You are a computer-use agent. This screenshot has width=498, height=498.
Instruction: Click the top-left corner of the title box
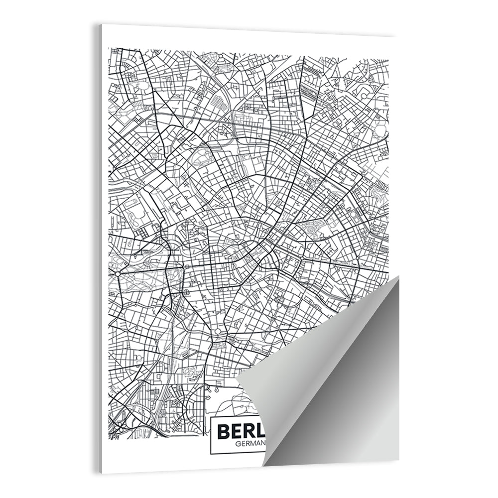[211, 414]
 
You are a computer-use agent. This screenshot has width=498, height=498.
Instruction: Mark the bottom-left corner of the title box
[211, 454]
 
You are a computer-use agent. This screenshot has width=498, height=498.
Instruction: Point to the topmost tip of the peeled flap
[398, 276]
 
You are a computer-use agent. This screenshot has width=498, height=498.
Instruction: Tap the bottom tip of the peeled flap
[263, 466]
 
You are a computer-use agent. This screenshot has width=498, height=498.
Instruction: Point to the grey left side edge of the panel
[100, 249]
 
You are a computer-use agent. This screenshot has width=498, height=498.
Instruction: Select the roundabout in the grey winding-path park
[118, 273]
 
